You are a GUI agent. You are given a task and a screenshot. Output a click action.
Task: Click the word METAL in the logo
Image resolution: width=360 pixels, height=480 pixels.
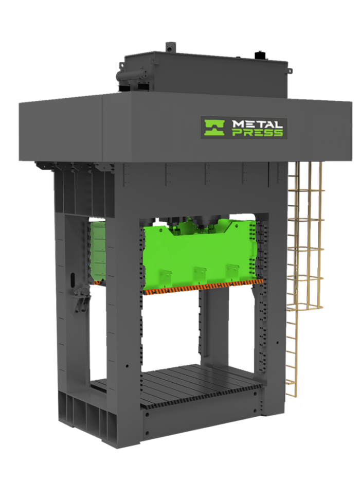pos(257,124)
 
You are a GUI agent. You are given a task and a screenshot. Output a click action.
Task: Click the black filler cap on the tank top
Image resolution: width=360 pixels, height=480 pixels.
pos(259,54)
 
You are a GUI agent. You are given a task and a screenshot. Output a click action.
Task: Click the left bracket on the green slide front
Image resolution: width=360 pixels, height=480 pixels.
pos(165,276)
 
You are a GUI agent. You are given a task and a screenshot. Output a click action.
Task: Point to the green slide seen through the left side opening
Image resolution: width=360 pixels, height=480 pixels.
pos(97,252)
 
